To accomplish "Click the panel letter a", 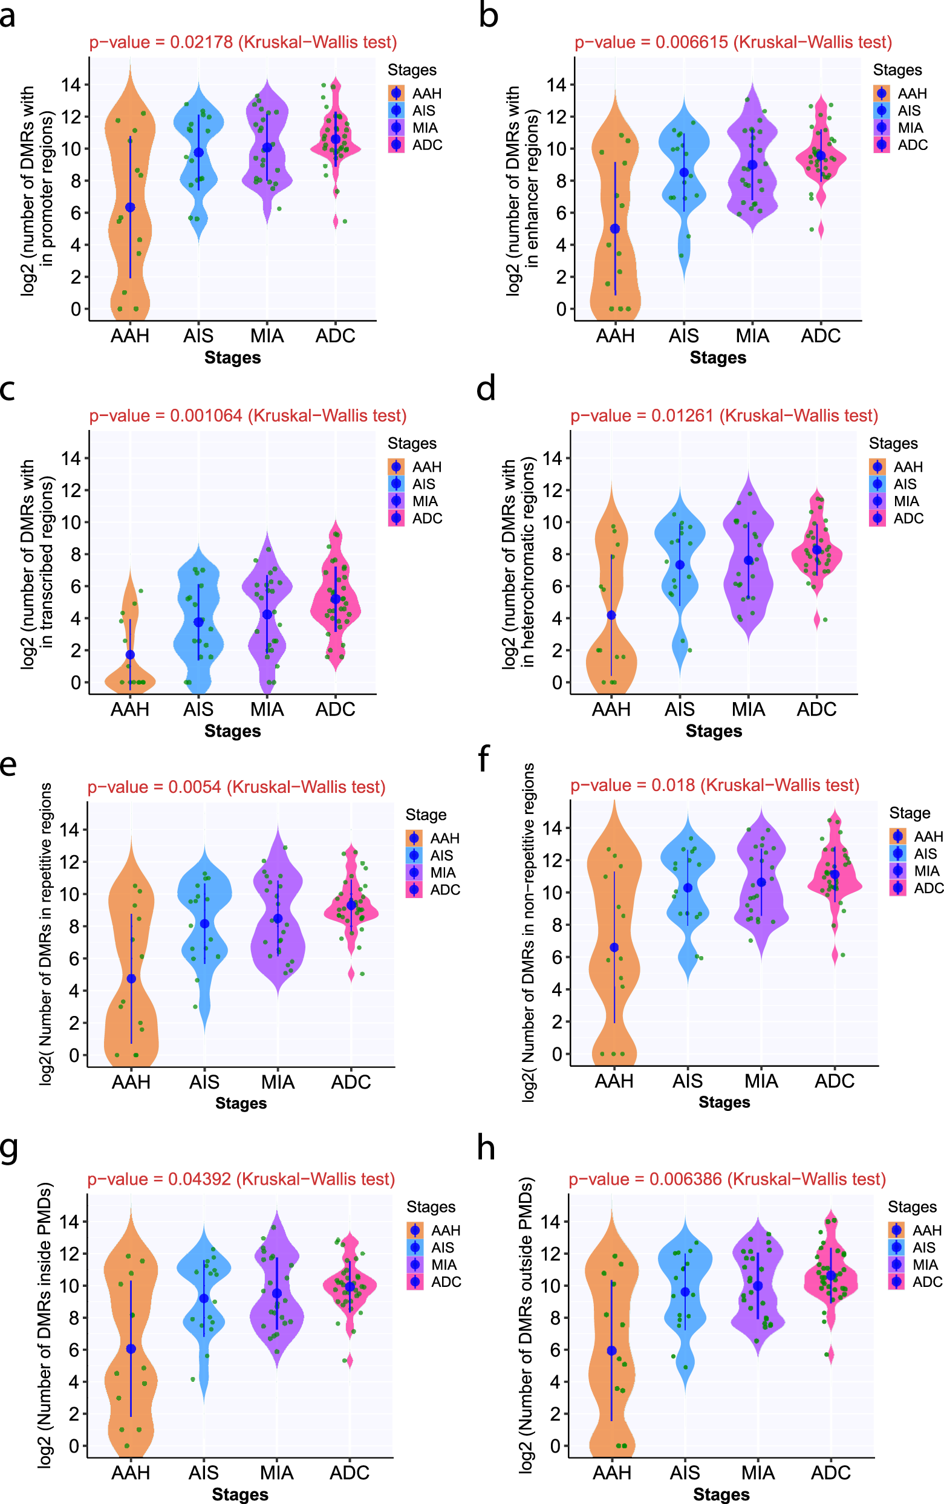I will click(x=8, y=16).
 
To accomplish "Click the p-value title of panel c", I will click(x=247, y=416).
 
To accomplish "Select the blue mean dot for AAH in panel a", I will click(x=130, y=207).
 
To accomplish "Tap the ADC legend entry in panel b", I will click(x=912, y=145).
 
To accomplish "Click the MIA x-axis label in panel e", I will click(x=277, y=1082).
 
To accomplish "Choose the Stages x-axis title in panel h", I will click(x=721, y=1494).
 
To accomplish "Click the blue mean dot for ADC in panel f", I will click(x=835, y=874).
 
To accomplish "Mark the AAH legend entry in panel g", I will click(x=445, y=1230).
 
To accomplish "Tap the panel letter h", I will click(x=486, y=1149).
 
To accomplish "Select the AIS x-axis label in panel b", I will click(x=683, y=336).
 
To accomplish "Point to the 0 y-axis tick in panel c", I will click(x=76, y=682).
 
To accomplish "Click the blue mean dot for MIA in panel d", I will click(x=748, y=560).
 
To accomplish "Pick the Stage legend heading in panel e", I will click(x=426, y=815).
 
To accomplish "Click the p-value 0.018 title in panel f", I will click(x=715, y=785).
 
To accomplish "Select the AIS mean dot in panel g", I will click(x=204, y=1298).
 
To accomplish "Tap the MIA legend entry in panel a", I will click(x=425, y=128).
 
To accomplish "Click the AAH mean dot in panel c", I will click(x=130, y=654).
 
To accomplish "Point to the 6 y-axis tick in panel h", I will click(x=556, y=1350).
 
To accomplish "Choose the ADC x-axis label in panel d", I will click(x=816, y=710).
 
